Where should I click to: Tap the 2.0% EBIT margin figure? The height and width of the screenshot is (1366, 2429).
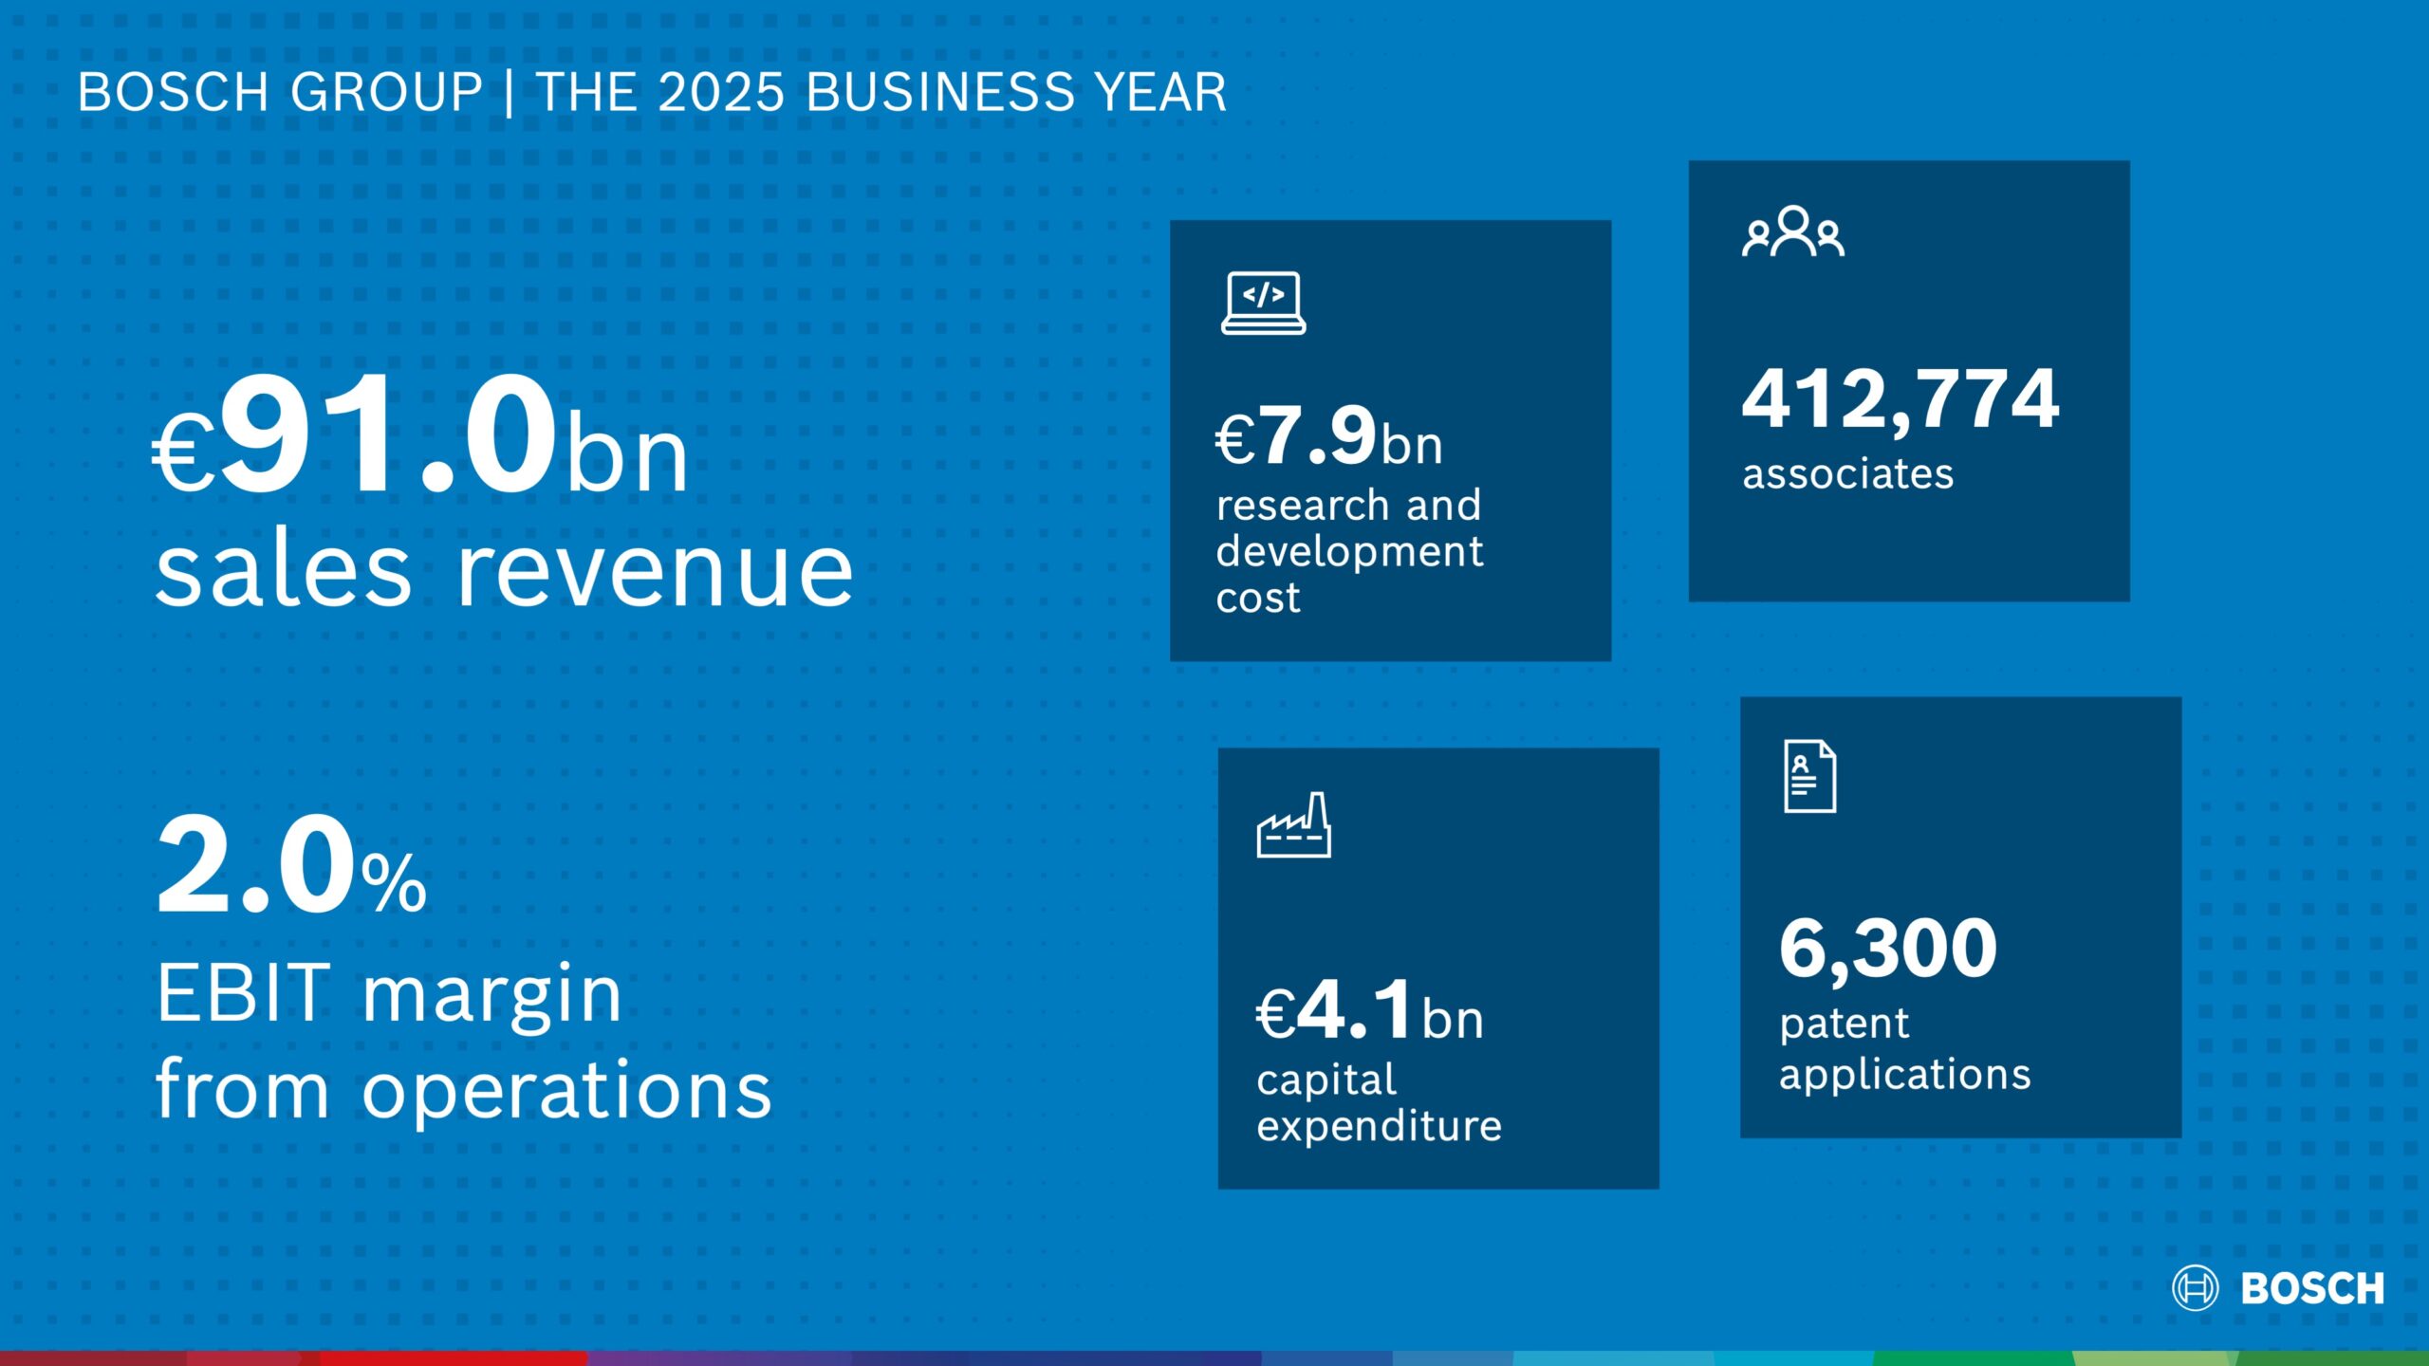pos(291,868)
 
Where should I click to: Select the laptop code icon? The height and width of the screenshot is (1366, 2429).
pos(1263,304)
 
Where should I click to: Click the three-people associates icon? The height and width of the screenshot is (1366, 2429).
pos(1792,232)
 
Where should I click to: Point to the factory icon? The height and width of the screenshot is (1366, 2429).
pos(1293,826)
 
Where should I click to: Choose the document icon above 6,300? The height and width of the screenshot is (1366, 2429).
pos(1809,777)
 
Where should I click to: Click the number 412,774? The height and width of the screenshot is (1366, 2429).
pos(1900,400)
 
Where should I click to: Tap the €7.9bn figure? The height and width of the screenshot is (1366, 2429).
pos(1328,438)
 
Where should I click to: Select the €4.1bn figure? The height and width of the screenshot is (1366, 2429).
pos(1369,1012)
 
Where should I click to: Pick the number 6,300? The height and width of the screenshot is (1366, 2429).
pos(1887,949)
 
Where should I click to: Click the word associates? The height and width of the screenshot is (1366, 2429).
pos(1847,473)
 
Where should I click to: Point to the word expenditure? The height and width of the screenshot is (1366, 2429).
pos(1379,1127)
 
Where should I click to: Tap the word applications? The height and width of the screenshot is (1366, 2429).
pos(1904,1076)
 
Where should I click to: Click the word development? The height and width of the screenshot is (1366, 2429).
pos(1349,551)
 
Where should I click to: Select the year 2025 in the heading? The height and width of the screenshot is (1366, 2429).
pos(721,93)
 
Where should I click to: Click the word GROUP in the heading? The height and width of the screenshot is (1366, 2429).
pos(386,93)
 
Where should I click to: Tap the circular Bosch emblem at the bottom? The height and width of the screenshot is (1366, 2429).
pos(2195,1288)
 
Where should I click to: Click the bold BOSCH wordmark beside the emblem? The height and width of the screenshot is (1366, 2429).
pos(2311,1288)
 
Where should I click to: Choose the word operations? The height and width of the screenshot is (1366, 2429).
pos(566,1091)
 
